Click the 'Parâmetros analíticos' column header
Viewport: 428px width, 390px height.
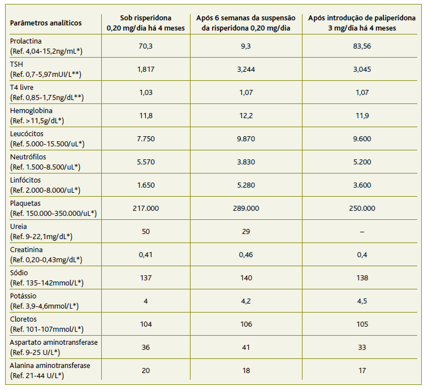(46, 23)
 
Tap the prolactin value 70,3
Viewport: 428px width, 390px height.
(145, 46)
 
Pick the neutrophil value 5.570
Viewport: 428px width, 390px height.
(145, 162)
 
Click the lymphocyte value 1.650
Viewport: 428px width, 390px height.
(145, 185)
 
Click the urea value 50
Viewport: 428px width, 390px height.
(145, 232)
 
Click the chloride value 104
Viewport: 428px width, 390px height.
(145, 324)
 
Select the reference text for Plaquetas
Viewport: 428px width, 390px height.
(53, 213)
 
